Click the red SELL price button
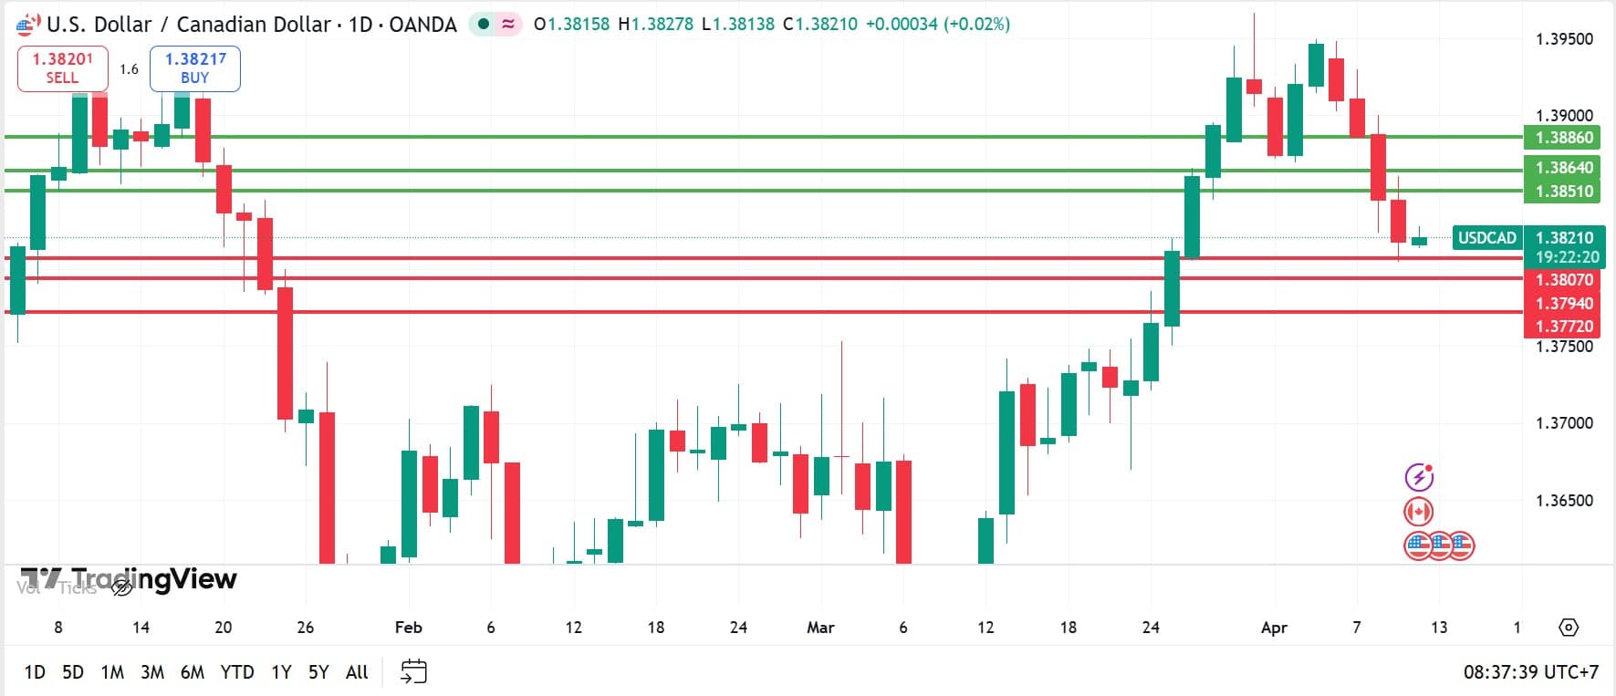[62, 68]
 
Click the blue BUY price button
[194, 68]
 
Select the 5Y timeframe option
[318, 672]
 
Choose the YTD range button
[237, 672]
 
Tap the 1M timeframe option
[112, 672]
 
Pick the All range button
[357, 672]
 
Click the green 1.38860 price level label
[1562, 138]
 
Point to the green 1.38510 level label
[1562, 192]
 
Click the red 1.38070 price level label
[1562, 280]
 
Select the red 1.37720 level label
[1562, 326]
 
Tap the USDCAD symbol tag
[1486, 238]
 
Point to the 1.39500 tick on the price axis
[1564, 39]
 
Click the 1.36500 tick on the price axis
[1564, 501]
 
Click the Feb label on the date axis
[408, 628]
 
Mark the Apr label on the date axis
[1274, 628]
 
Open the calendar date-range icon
[413, 672]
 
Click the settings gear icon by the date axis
[1569, 628]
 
